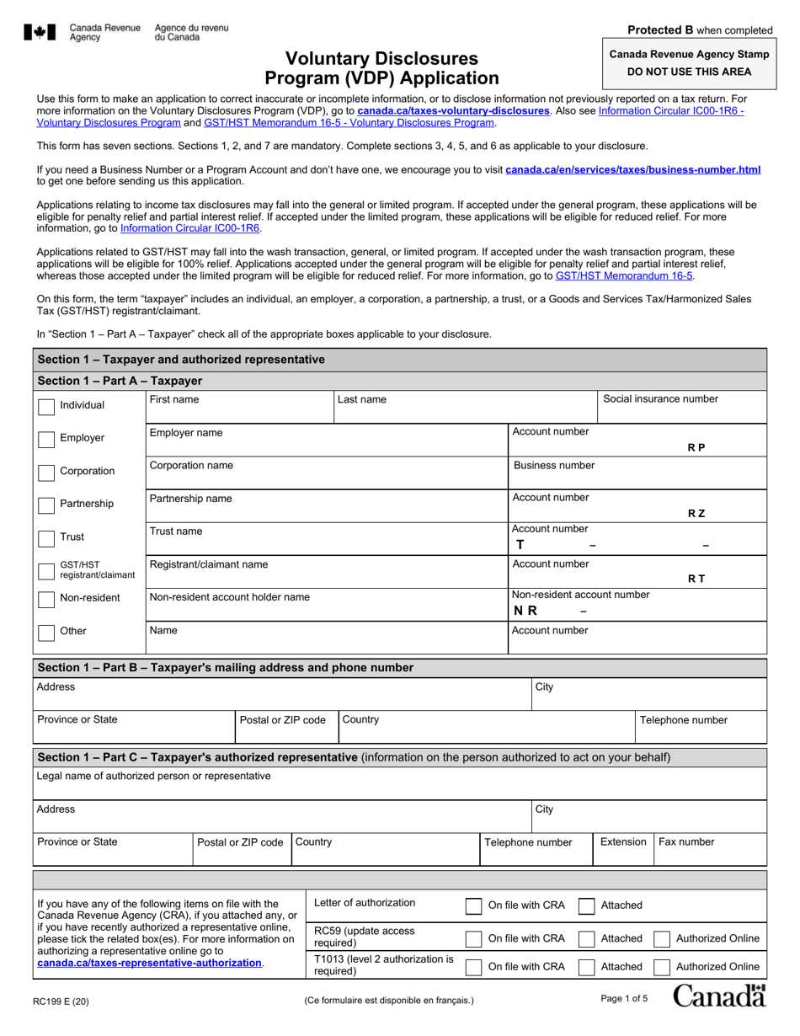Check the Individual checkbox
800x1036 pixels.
[x=47, y=406]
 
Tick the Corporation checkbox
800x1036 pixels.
[x=47, y=472]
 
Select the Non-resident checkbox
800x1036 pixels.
[x=47, y=599]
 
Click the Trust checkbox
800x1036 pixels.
[x=47, y=537]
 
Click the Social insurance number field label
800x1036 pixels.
[x=659, y=399]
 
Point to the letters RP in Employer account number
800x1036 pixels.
[x=696, y=448]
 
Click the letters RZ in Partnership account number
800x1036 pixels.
[x=696, y=514]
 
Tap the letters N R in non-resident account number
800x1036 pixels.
[x=525, y=611]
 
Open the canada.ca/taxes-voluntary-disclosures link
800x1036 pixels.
[x=453, y=110]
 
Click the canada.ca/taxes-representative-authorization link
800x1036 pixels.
[x=150, y=963]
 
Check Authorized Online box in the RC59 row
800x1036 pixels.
[x=662, y=939]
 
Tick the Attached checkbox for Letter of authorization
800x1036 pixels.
[x=587, y=906]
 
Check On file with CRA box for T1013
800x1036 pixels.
[x=474, y=967]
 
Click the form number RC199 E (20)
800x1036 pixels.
[x=62, y=1001]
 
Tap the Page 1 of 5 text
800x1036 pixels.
[x=624, y=999]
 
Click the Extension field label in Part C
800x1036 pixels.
[x=622, y=842]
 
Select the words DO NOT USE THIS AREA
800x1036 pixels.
[x=686, y=72]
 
